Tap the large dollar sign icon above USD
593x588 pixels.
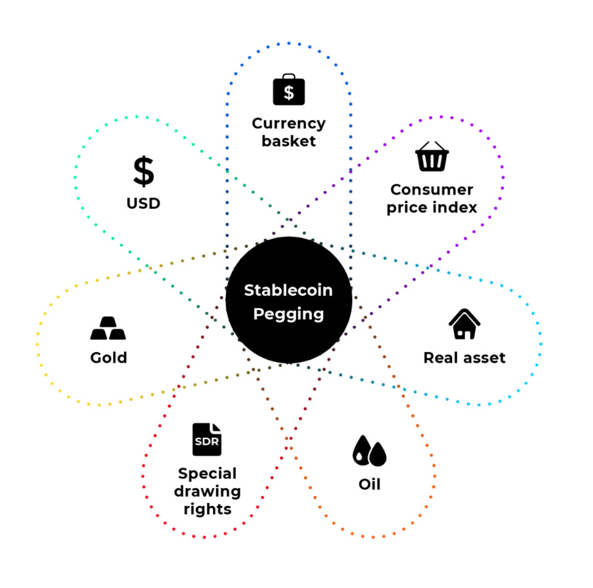(x=143, y=171)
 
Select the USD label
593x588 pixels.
(x=143, y=203)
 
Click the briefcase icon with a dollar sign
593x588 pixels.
(x=288, y=90)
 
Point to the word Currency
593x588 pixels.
(x=288, y=123)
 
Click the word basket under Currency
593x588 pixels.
(x=288, y=141)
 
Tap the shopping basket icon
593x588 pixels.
(x=432, y=156)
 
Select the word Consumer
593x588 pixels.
(x=432, y=189)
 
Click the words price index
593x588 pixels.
(x=432, y=207)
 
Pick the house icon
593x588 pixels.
(x=465, y=324)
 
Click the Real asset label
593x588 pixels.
(x=465, y=357)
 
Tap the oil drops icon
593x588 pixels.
(x=369, y=451)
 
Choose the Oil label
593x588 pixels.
(x=369, y=483)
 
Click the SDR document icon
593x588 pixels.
(x=207, y=439)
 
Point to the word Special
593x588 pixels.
(x=207, y=474)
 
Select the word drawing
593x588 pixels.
(x=207, y=492)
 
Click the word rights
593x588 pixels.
(x=207, y=510)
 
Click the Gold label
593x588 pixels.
(x=108, y=357)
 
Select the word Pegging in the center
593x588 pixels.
(x=288, y=314)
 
